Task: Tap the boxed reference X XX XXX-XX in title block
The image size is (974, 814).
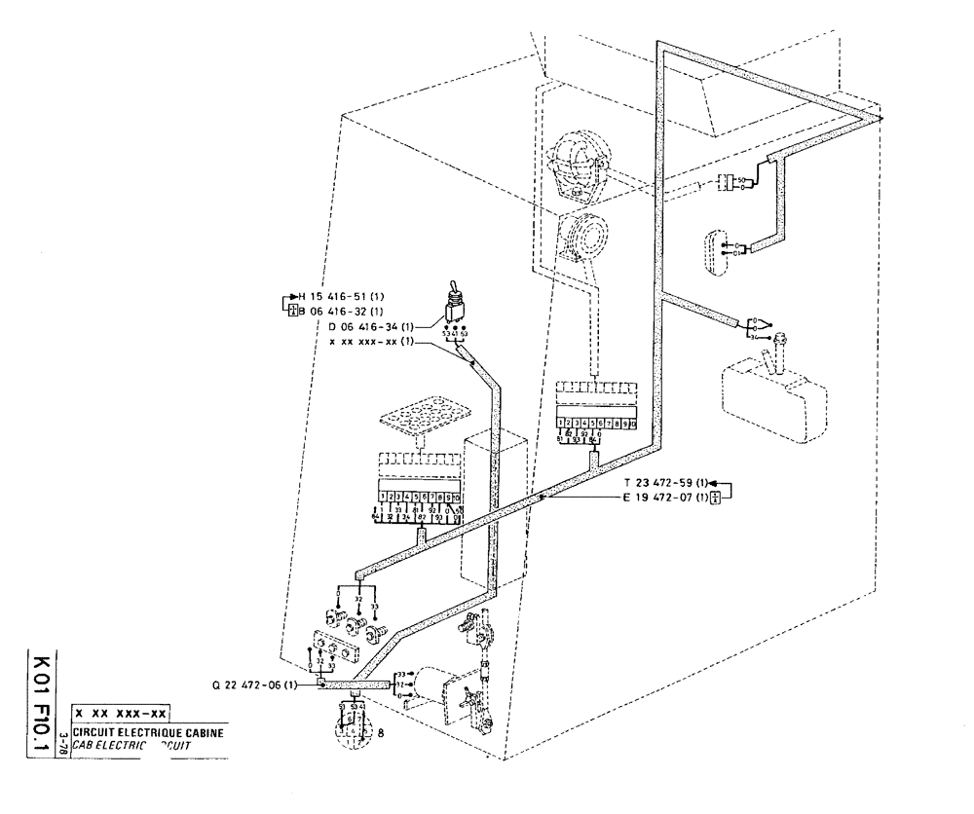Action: (122, 714)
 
